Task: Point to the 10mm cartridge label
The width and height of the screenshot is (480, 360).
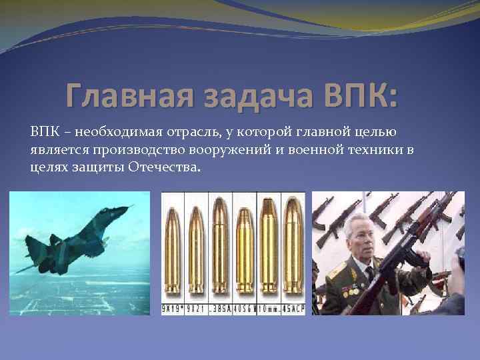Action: pos(270,309)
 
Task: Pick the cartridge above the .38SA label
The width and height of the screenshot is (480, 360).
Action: pos(221,250)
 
